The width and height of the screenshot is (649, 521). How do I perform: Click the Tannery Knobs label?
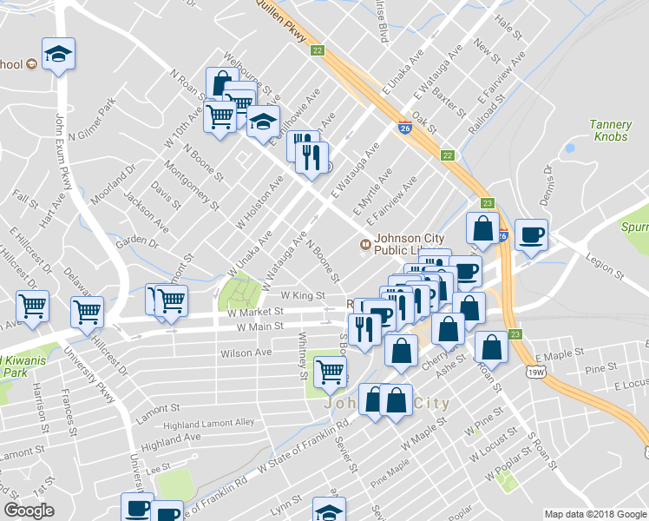coord(610,131)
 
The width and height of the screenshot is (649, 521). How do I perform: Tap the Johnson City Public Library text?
coord(408,249)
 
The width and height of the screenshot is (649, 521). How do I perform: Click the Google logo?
coord(29,511)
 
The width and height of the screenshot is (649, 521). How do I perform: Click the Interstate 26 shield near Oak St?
coord(405,127)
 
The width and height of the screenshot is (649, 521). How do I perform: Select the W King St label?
coord(302,295)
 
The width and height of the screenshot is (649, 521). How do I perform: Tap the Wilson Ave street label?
coord(246,353)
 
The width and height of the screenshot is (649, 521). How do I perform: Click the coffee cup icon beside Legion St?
coord(531,234)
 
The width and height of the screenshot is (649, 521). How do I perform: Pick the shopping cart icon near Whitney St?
coord(330,372)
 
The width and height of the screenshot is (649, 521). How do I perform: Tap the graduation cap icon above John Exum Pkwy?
coord(59,55)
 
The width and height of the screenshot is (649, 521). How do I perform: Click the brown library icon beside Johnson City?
coord(365,244)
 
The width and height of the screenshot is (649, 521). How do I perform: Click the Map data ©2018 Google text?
coord(593,514)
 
